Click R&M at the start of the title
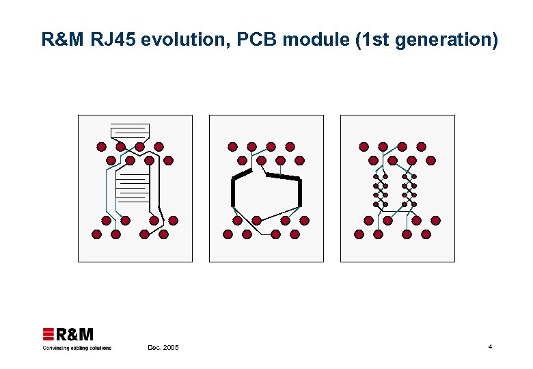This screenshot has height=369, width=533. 61,40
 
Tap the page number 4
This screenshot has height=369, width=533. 490,347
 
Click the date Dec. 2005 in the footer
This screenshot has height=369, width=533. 163,348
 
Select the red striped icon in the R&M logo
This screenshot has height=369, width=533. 49,334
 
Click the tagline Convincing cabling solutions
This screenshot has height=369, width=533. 77,348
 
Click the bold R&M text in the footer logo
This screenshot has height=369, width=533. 74,334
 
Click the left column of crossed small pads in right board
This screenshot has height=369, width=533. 381,191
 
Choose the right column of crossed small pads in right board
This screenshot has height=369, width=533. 409,191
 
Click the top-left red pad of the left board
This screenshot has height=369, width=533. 101,146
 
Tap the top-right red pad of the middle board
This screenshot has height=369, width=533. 290,146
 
